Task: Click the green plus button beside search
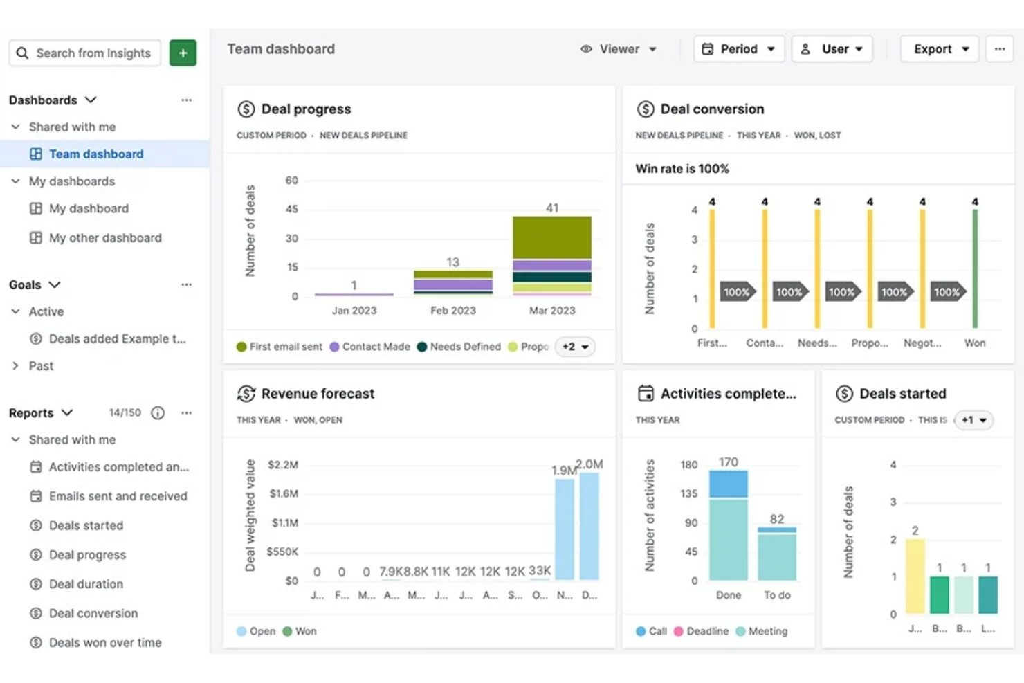[183, 53]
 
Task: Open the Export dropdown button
[940, 49]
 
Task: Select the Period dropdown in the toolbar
[739, 49]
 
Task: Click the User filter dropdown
[832, 49]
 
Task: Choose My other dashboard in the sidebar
[104, 238]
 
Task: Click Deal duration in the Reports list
[86, 584]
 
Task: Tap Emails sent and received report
[118, 496]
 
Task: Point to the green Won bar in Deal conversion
[975, 268]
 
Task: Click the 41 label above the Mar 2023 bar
[552, 208]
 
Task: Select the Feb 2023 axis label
[453, 311]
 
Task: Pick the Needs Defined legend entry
[459, 347]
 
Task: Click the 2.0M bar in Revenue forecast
[589, 526]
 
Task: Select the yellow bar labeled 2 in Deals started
[915, 576]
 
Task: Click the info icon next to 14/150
[158, 413]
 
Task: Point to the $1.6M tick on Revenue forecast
[284, 493]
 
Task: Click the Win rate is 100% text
[682, 169]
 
